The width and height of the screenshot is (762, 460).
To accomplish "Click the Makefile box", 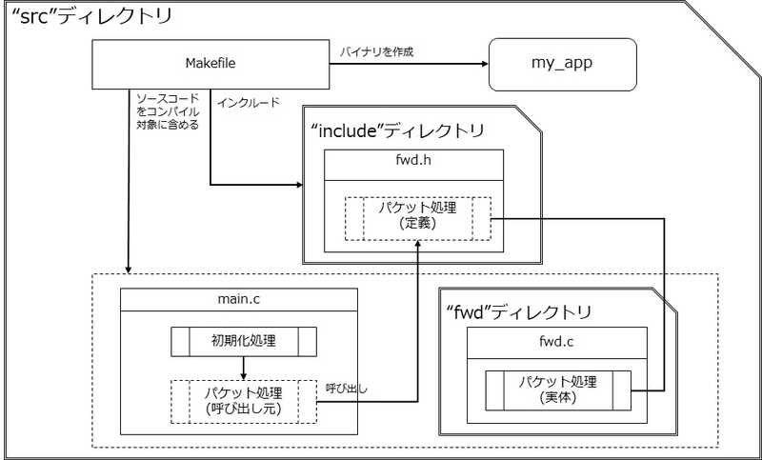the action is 211,64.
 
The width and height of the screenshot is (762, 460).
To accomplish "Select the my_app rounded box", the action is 562,64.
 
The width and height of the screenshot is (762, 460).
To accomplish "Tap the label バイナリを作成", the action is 376,52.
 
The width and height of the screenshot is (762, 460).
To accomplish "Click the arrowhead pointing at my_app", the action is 484,64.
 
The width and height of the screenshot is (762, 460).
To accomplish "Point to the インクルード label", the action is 249,103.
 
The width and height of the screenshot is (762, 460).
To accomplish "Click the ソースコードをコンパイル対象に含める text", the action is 168,111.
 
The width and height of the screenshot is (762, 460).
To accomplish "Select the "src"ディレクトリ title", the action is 90,17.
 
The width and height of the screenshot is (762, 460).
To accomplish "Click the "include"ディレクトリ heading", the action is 397,130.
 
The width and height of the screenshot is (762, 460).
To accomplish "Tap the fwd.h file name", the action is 413,161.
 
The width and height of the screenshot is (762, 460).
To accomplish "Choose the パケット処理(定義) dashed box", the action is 418,218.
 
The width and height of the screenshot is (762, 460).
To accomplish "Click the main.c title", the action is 239,299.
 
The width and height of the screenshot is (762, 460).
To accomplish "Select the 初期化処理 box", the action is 244,342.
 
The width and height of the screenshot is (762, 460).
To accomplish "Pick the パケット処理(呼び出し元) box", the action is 244,401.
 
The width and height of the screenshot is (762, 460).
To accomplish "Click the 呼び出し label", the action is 346,389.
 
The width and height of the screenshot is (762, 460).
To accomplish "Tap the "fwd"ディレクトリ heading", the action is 519,311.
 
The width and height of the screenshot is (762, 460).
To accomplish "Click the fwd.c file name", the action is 556,342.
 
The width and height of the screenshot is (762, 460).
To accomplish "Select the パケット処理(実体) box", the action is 558,390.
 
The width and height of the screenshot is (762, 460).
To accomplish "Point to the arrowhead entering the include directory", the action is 298,185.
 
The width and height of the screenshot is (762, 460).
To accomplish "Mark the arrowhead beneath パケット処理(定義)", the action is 417,245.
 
